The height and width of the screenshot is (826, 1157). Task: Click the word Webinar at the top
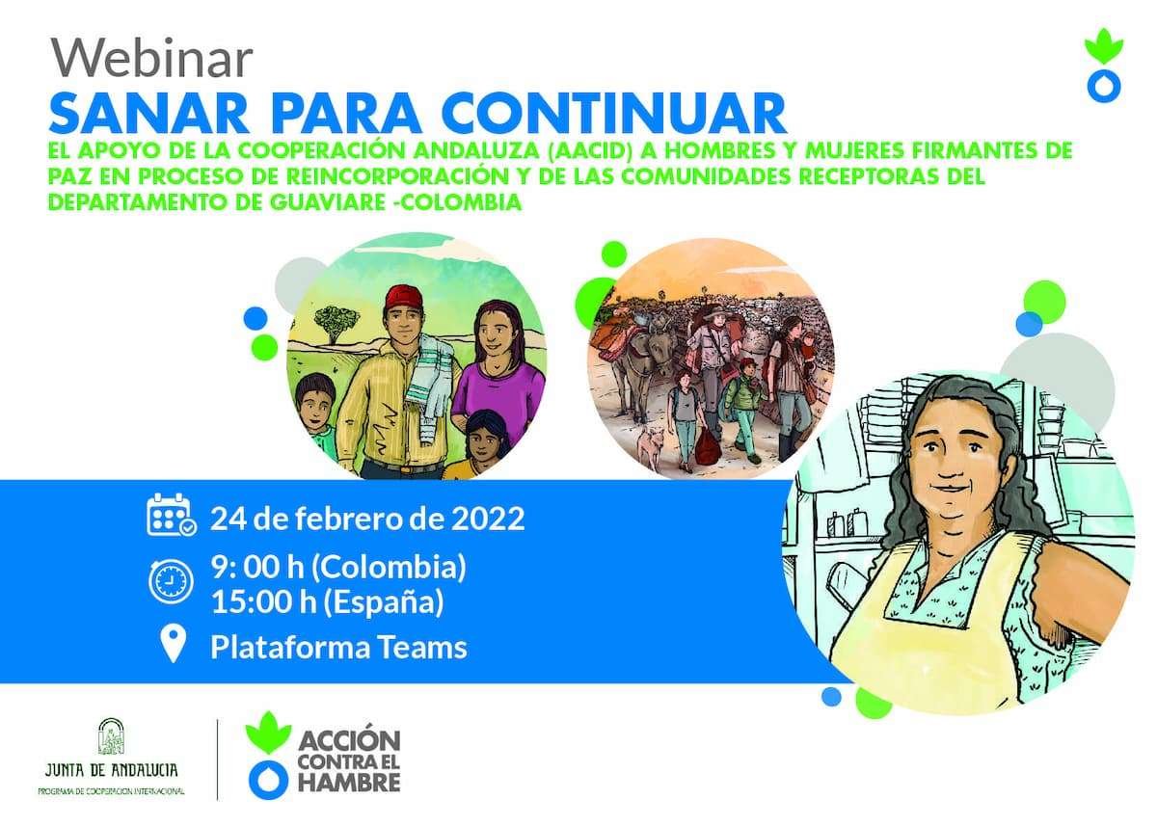pyautogui.click(x=151, y=58)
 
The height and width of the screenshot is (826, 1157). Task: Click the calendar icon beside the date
pyautogui.click(x=171, y=514)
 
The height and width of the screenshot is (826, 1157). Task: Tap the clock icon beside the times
pyautogui.click(x=171, y=581)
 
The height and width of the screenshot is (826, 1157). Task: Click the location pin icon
pyautogui.click(x=173, y=644)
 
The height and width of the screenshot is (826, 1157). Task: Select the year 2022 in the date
pyautogui.click(x=488, y=519)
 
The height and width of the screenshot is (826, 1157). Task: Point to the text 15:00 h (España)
pyautogui.click(x=328, y=601)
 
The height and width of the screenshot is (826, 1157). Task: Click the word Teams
pyautogui.click(x=421, y=647)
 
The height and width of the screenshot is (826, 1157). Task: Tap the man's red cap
pyautogui.click(x=404, y=296)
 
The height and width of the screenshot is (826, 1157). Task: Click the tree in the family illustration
pyautogui.click(x=334, y=323)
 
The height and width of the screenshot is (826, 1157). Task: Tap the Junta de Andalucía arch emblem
pyautogui.click(x=112, y=736)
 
